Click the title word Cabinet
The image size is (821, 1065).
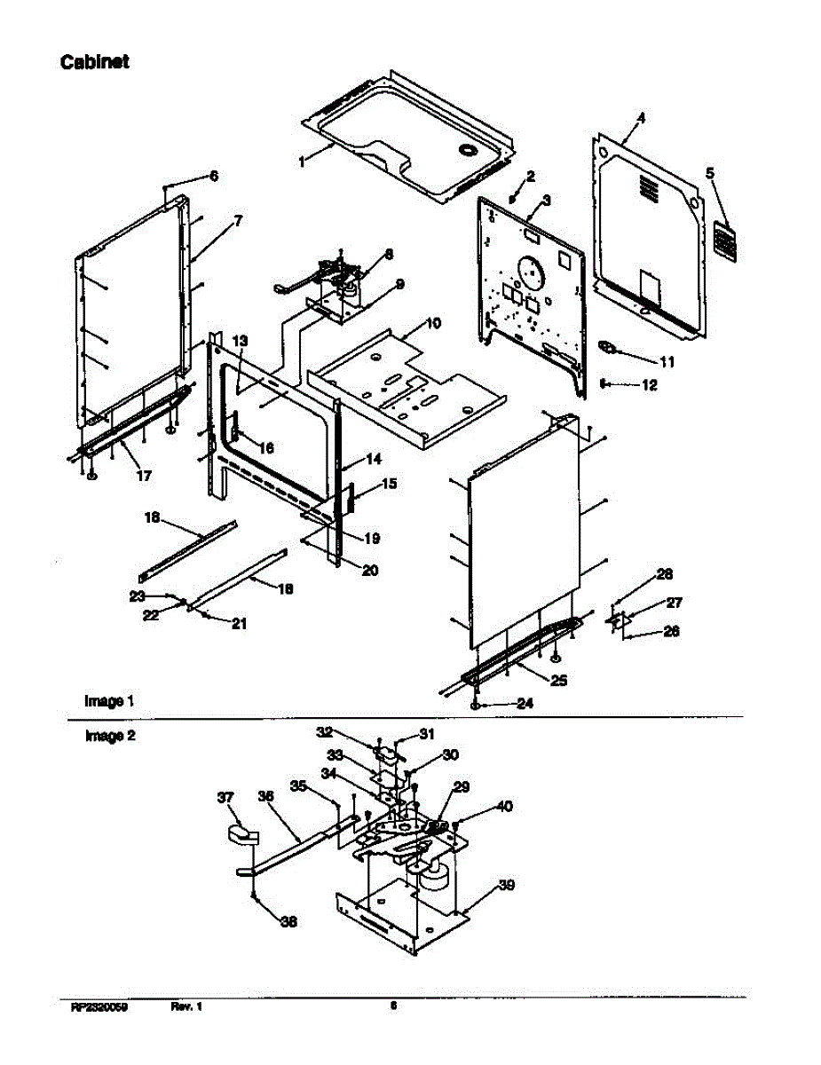tap(95, 62)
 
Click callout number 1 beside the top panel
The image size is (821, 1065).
tap(303, 162)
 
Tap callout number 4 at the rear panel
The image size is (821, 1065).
tap(642, 118)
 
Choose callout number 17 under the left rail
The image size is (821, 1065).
tap(143, 475)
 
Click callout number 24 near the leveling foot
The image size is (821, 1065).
tap(525, 704)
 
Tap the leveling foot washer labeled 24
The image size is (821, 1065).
tap(476, 704)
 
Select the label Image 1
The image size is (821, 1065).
tap(109, 701)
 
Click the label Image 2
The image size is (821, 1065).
tap(109, 736)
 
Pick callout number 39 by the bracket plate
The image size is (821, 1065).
tap(506, 885)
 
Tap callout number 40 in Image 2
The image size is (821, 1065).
tap(504, 807)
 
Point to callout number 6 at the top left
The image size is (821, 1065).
tap(213, 176)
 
